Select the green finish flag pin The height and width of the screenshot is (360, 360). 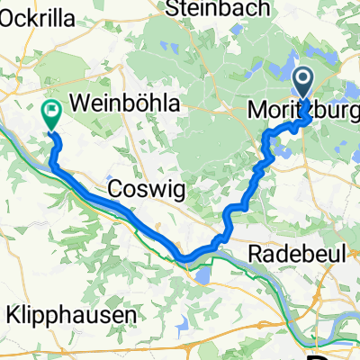click(x=51, y=114)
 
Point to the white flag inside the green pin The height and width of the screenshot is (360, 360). click(x=51, y=112)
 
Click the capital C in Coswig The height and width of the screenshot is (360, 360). click(x=113, y=189)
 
